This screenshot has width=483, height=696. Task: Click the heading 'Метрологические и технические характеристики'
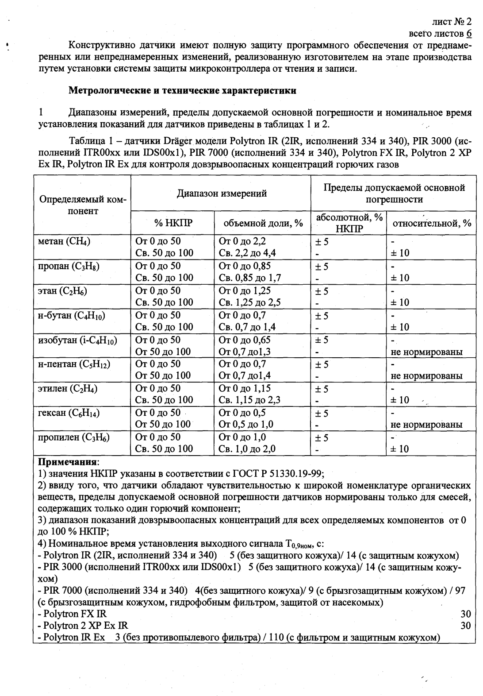tap(182, 91)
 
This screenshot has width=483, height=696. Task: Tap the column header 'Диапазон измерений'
tap(222, 193)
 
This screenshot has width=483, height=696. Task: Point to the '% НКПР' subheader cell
tap(173, 223)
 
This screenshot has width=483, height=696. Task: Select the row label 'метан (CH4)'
tap(65, 242)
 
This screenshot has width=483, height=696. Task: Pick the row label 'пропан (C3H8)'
tap(69, 267)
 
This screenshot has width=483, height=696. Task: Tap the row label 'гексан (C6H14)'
tap(69, 413)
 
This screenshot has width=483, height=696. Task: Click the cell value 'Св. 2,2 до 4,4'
tap(247, 253)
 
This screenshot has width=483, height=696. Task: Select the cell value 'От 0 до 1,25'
tap(245, 291)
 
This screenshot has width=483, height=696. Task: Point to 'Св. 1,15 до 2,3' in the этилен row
tap(249, 400)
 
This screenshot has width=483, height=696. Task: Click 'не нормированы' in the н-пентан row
tap(426, 376)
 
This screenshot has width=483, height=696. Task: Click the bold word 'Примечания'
tap(68, 461)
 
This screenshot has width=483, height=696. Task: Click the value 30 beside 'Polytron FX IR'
tap(465, 614)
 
